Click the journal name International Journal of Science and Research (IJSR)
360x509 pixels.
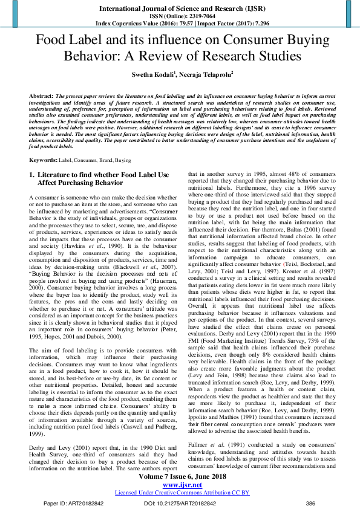click(x=180, y=8)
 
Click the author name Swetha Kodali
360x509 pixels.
click(x=157, y=75)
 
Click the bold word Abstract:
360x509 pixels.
click(x=41, y=96)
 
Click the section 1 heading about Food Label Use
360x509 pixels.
click(x=99, y=178)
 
